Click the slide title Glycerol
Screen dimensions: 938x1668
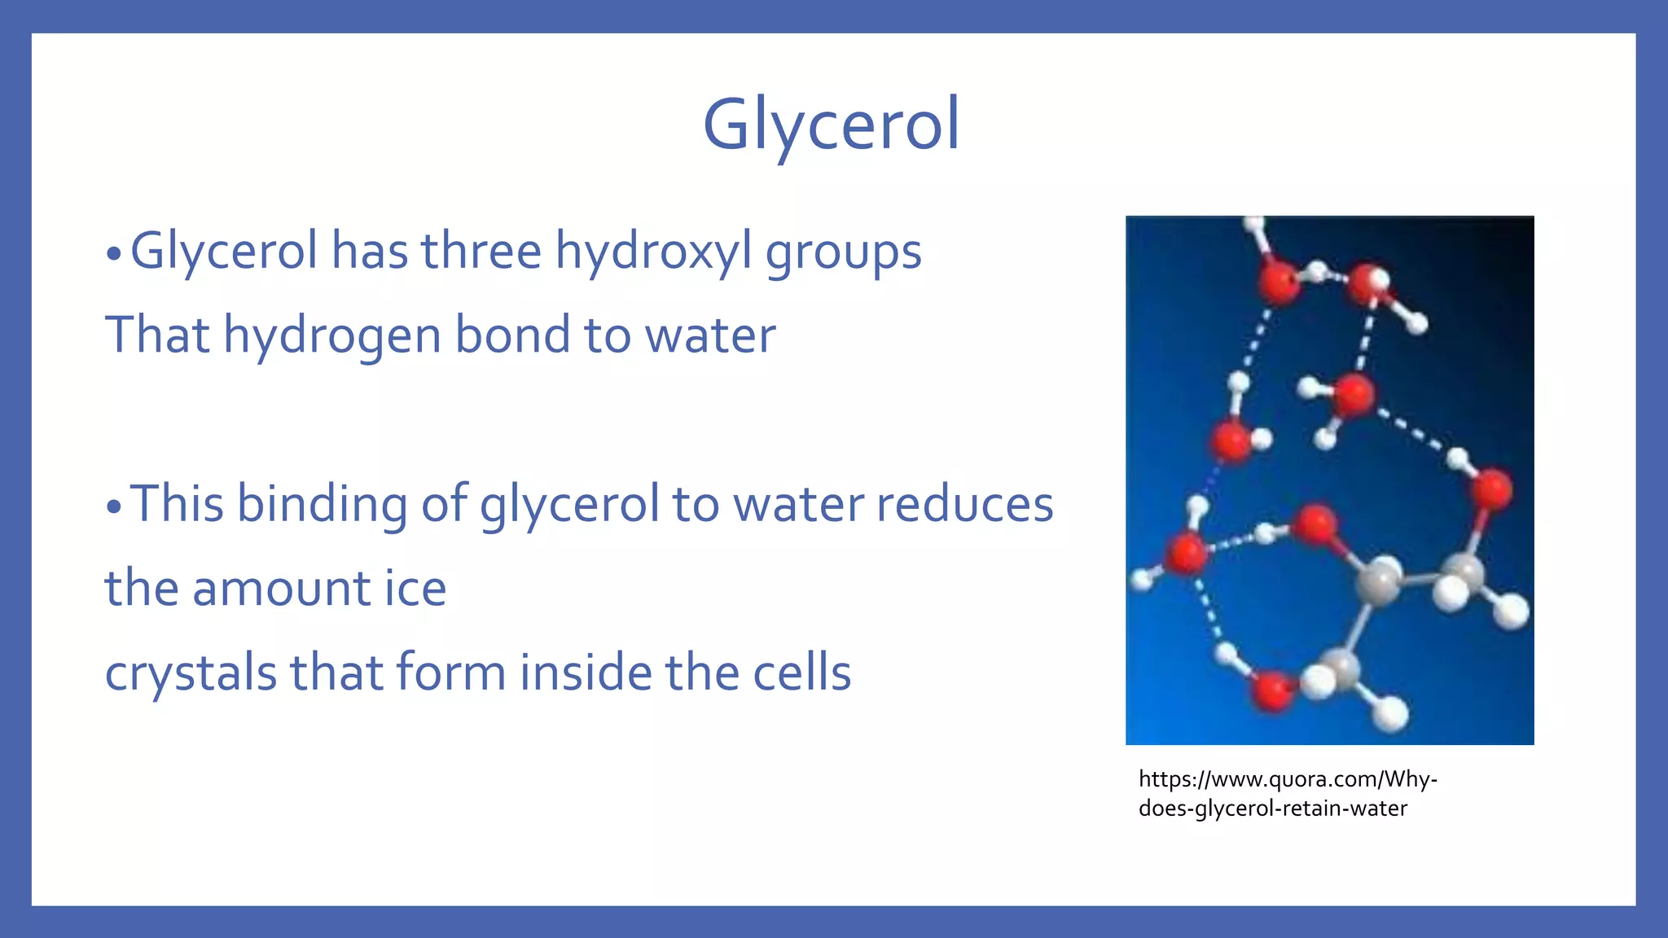point(832,125)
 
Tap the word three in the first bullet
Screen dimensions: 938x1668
point(481,251)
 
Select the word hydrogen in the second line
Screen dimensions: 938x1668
point(332,335)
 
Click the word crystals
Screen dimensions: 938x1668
point(191,673)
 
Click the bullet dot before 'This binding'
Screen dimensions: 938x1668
point(113,507)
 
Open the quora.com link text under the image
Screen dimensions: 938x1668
point(1288,793)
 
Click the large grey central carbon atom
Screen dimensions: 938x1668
point(1379,581)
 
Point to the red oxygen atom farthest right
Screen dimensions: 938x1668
point(1492,489)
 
